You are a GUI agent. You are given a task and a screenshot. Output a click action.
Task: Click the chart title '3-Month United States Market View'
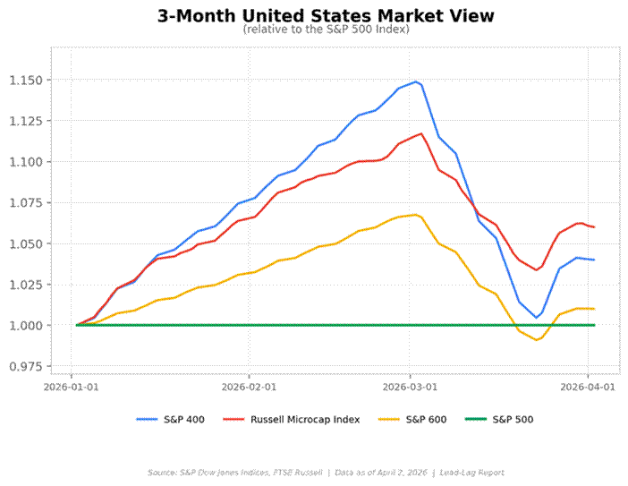325,16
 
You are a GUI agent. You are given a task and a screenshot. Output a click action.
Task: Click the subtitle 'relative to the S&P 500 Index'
325,30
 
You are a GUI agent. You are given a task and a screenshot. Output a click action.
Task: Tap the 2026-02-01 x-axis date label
249,388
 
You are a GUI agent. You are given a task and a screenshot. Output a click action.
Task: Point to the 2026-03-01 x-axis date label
410,388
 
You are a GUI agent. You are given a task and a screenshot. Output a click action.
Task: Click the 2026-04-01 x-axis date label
588,388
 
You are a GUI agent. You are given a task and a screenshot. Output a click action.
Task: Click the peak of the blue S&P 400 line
416,81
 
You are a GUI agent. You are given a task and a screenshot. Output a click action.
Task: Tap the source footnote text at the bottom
325,472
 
